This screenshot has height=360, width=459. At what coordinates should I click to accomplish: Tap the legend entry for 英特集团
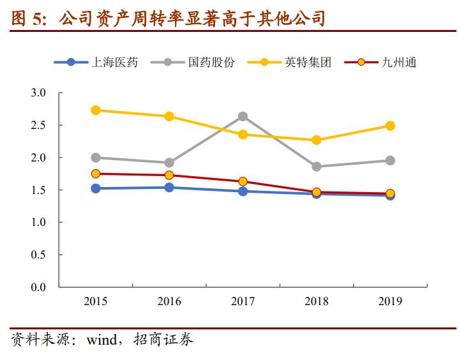pos(298,63)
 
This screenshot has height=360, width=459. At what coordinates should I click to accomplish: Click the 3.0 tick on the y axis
pos(38,93)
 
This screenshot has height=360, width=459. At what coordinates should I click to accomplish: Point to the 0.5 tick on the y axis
pos(38,255)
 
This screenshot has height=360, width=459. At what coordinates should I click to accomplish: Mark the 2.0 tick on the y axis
pos(38,158)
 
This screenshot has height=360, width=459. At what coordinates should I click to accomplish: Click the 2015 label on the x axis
pos(96,301)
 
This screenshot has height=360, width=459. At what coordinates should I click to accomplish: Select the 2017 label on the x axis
pos(243,301)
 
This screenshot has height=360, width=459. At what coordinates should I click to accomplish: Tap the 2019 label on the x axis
pos(389,301)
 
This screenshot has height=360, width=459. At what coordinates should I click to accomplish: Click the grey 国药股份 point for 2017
pos(243,116)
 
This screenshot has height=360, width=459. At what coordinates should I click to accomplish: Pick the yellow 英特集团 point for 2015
pos(96,110)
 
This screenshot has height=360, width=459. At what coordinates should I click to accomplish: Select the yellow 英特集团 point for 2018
pos(316,140)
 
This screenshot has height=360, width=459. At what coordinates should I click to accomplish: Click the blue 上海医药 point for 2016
pos(169,187)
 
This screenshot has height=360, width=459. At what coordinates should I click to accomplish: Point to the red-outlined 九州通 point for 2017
pos(243,181)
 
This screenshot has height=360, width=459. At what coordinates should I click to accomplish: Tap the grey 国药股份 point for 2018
pos(316,166)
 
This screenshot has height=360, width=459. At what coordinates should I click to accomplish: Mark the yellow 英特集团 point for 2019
pos(389,126)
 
